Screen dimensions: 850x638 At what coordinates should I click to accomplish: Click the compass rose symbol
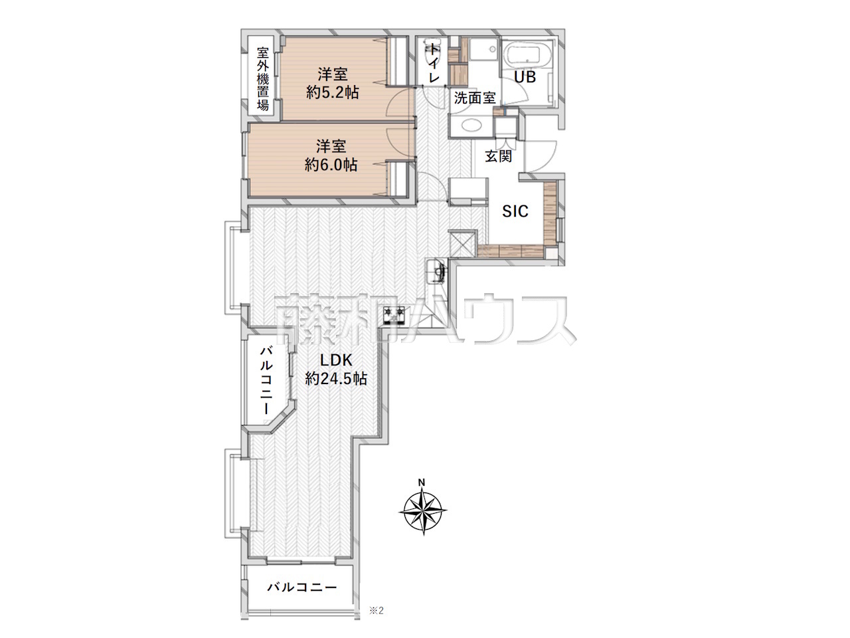coord(423,511)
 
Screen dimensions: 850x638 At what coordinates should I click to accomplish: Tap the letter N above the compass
coord(422,482)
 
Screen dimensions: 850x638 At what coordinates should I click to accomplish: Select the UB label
coord(525,77)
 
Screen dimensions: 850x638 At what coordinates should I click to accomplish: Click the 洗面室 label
coord(475,98)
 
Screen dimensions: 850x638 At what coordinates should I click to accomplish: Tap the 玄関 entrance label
coord(499,156)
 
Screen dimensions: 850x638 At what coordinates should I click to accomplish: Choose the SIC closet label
coord(515,211)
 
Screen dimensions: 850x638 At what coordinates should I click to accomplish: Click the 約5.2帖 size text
coord(333,92)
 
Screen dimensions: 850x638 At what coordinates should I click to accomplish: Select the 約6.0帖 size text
coord(331,165)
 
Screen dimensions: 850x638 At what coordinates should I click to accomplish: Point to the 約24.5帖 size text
coord(336,378)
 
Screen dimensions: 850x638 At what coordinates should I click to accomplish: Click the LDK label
coord(336,360)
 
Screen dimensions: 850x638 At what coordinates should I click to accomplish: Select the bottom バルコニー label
coord(302,587)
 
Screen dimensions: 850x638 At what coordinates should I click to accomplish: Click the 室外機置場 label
coord(263,78)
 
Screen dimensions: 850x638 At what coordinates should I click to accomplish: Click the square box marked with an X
coord(462,243)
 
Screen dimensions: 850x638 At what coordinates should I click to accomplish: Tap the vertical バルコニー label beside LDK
coord(266,380)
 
